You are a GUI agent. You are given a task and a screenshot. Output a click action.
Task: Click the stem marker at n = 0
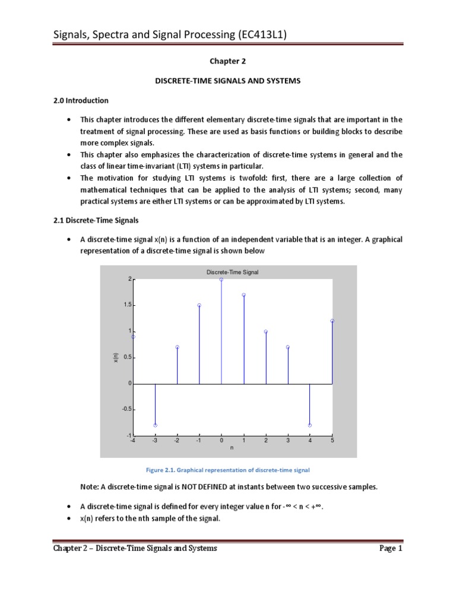point(221,279)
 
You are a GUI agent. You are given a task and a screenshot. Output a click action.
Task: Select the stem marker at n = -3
point(155,425)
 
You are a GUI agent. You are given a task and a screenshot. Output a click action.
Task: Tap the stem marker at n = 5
point(332,321)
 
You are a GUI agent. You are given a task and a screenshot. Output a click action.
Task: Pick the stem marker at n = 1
point(244,294)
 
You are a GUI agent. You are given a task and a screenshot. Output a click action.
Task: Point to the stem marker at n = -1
point(199,305)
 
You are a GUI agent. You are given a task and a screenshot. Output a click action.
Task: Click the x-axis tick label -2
point(177,441)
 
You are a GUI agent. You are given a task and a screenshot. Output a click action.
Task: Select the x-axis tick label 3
point(288,441)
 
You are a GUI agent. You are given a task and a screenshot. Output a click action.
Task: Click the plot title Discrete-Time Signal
point(233,272)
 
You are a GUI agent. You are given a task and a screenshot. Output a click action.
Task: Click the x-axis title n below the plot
point(232,447)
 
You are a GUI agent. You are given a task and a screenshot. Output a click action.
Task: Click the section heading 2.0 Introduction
point(81,100)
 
